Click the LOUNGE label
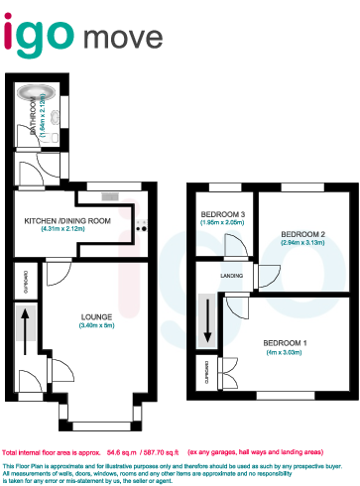pos(96,317)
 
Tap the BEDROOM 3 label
pos(222,213)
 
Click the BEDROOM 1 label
pos(283,342)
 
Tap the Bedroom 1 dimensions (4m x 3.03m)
pos(283,352)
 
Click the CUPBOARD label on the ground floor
pos(25,283)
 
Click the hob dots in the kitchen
pos(141,227)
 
